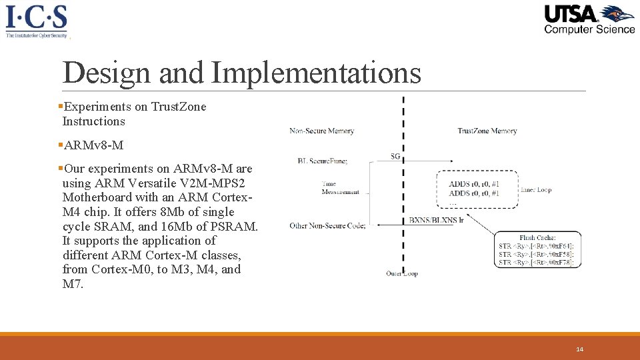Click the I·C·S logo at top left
[37, 20]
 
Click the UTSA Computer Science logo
[589, 19]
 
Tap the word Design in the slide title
[106, 73]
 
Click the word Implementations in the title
[317, 73]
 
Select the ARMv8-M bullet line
[93, 145]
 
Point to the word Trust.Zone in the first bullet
[179, 107]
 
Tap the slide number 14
[580, 349]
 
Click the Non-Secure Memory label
[321, 131]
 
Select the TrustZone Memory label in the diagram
[487, 131]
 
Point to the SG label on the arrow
[395, 156]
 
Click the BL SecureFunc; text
[323, 160]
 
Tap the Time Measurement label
[340, 188]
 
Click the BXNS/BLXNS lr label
[436, 220]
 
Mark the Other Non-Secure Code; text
[327, 225]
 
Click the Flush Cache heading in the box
[537, 238]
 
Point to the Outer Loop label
[401, 273]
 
